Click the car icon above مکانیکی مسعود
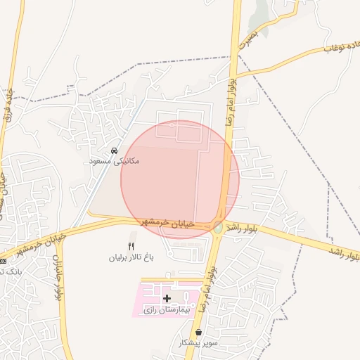[113, 150]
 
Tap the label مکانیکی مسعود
[113, 161]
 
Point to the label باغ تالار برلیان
[130, 257]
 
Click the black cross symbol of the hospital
[167, 299]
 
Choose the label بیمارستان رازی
[167, 309]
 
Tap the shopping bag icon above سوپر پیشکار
[199, 333]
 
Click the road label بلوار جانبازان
[56, 267]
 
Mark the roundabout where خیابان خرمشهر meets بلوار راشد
[218, 227]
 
